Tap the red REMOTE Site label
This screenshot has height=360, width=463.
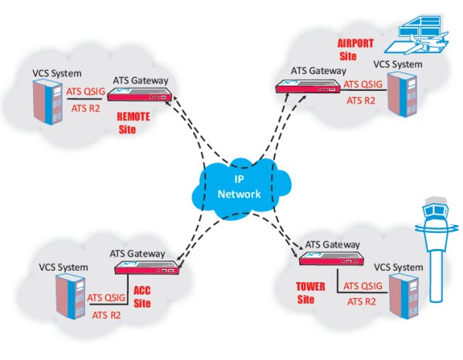click(x=132, y=123)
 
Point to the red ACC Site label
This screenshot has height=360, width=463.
click(x=142, y=296)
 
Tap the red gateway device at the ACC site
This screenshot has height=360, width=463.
click(x=146, y=268)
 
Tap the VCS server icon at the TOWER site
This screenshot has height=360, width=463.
click(x=403, y=298)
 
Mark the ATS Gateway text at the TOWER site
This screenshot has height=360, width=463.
click(x=334, y=244)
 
